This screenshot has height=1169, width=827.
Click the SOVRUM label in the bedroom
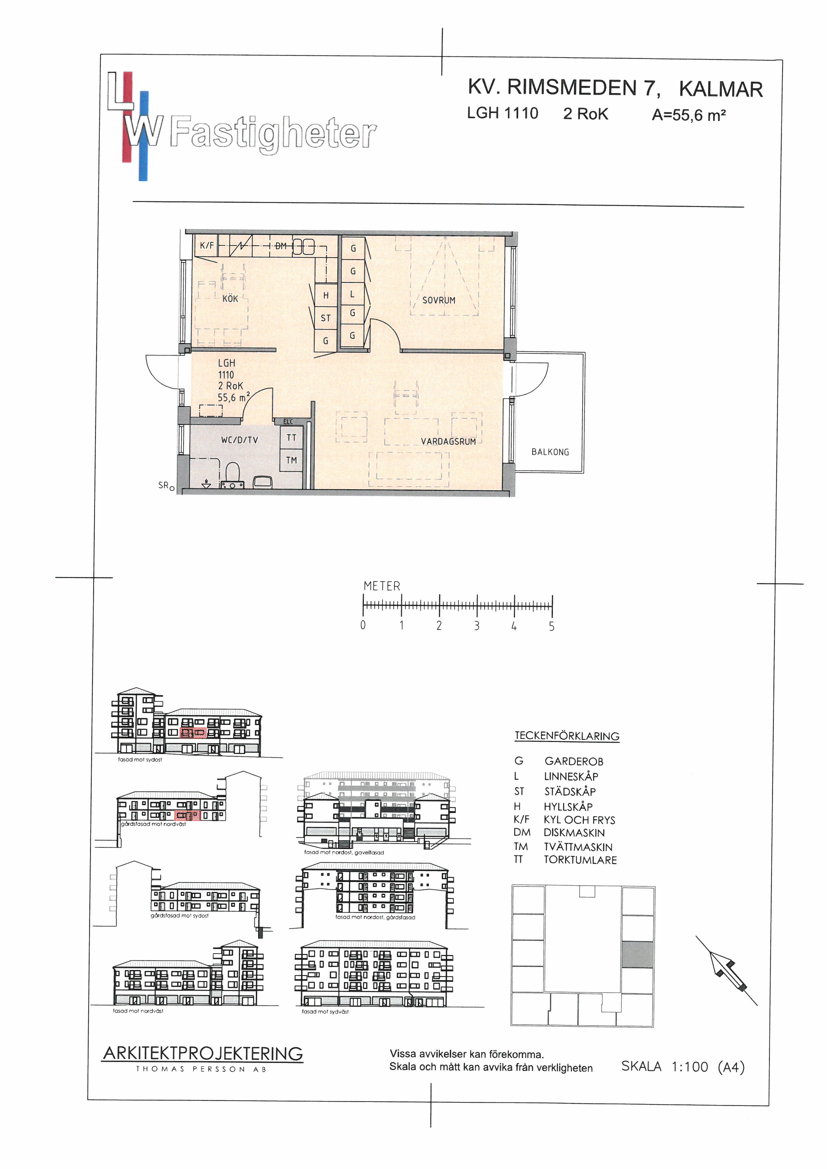click(x=439, y=300)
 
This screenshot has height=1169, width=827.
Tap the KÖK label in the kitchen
click(x=230, y=299)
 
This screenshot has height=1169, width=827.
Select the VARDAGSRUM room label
click(x=448, y=441)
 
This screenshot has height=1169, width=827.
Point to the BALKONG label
click(x=550, y=452)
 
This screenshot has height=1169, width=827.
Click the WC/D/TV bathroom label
click(x=239, y=440)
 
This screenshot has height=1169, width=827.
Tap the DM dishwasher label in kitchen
click(x=280, y=246)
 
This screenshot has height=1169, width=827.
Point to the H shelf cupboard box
click(x=326, y=295)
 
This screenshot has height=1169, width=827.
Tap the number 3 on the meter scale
click(x=477, y=626)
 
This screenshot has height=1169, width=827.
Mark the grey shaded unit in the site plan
click(x=637, y=955)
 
